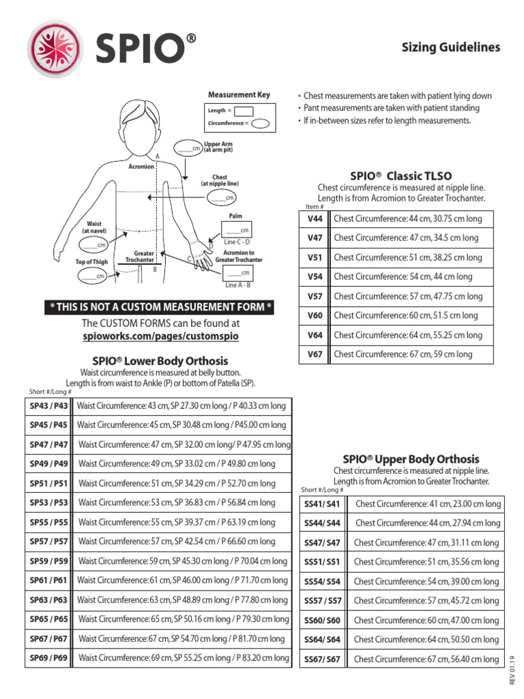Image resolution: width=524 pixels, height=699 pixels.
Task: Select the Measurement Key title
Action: pyautogui.click(x=239, y=95)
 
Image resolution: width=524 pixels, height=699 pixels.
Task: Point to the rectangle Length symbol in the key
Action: pyautogui.click(x=245, y=111)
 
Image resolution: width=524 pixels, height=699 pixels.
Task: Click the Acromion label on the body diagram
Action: pyautogui.click(x=143, y=166)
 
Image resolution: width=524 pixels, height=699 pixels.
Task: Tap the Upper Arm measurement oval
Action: pyautogui.click(x=186, y=147)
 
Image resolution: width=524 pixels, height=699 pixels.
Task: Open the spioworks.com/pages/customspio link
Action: pyautogui.click(x=160, y=337)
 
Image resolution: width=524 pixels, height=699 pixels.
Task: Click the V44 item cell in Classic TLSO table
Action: pyautogui.click(x=314, y=218)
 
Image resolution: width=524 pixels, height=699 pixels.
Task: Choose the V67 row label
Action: pyautogui.click(x=314, y=354)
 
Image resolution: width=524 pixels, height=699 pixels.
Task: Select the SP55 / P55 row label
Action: pyautogui.click(x=49, y=522)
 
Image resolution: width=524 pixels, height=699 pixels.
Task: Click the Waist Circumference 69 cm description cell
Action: pyautogui.click(x=184, y=658)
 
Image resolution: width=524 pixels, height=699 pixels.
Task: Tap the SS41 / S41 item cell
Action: pyautogui.click(x=321, y=504)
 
